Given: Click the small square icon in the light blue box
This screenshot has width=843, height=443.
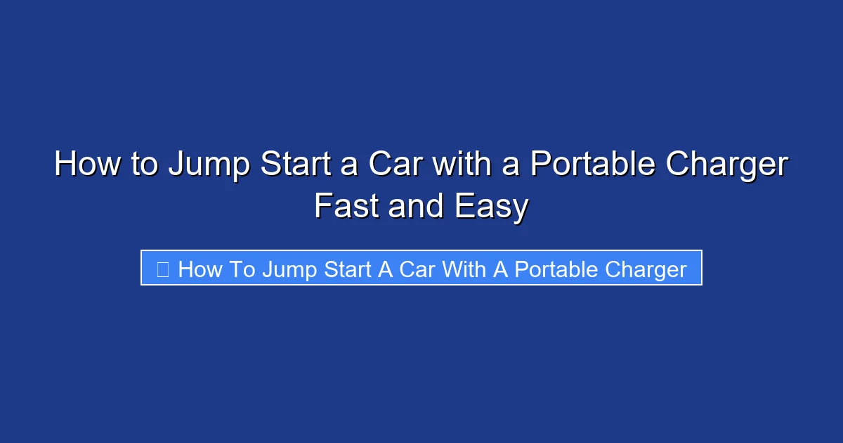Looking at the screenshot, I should [x=162, y=269].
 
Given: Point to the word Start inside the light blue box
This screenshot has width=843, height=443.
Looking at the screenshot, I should [x=348, y=269].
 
